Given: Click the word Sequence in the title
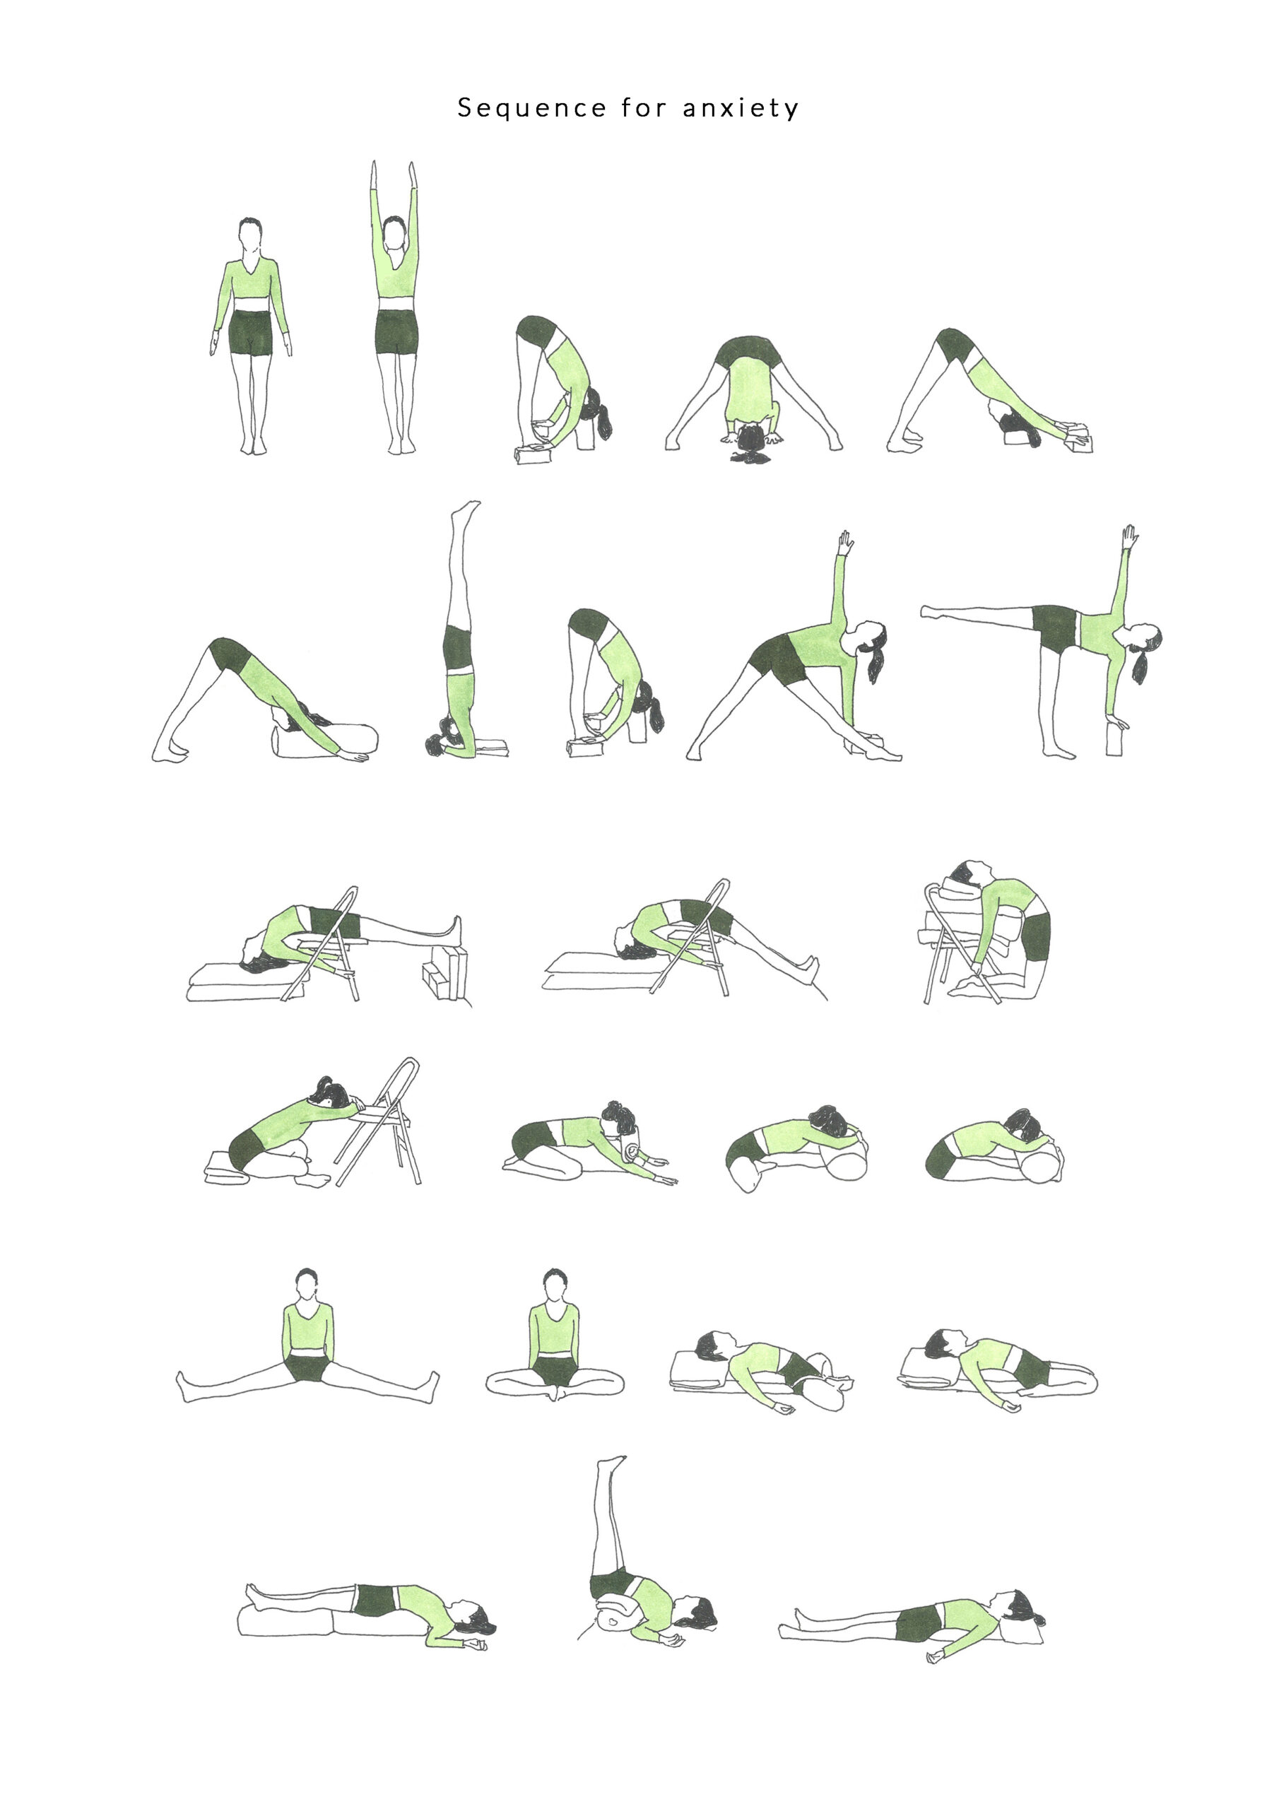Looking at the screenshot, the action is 532,108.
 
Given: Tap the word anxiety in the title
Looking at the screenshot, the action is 741,108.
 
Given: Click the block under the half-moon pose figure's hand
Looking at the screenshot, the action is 1114,739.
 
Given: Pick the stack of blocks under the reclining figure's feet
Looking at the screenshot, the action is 444,975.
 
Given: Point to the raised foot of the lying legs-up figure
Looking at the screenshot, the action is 611,1463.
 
